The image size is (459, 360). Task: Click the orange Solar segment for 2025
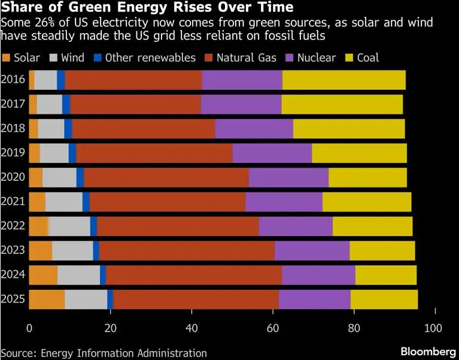(x=47, y=299)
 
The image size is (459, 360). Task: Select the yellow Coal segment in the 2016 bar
(x=344, y=80)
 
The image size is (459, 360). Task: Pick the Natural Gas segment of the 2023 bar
(x=187, y=250)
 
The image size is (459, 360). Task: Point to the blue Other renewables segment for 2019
(x=72, y=153)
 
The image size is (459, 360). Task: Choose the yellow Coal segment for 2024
(x=385, y=275)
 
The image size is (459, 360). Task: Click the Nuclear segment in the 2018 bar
(x=254, y=129)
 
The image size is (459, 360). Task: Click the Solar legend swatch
(x=7, y=58)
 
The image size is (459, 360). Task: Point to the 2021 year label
(x=13, y=202)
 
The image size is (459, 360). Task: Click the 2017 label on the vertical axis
(x=13, y=104)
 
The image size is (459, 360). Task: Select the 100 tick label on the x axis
(x=433, y=328)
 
